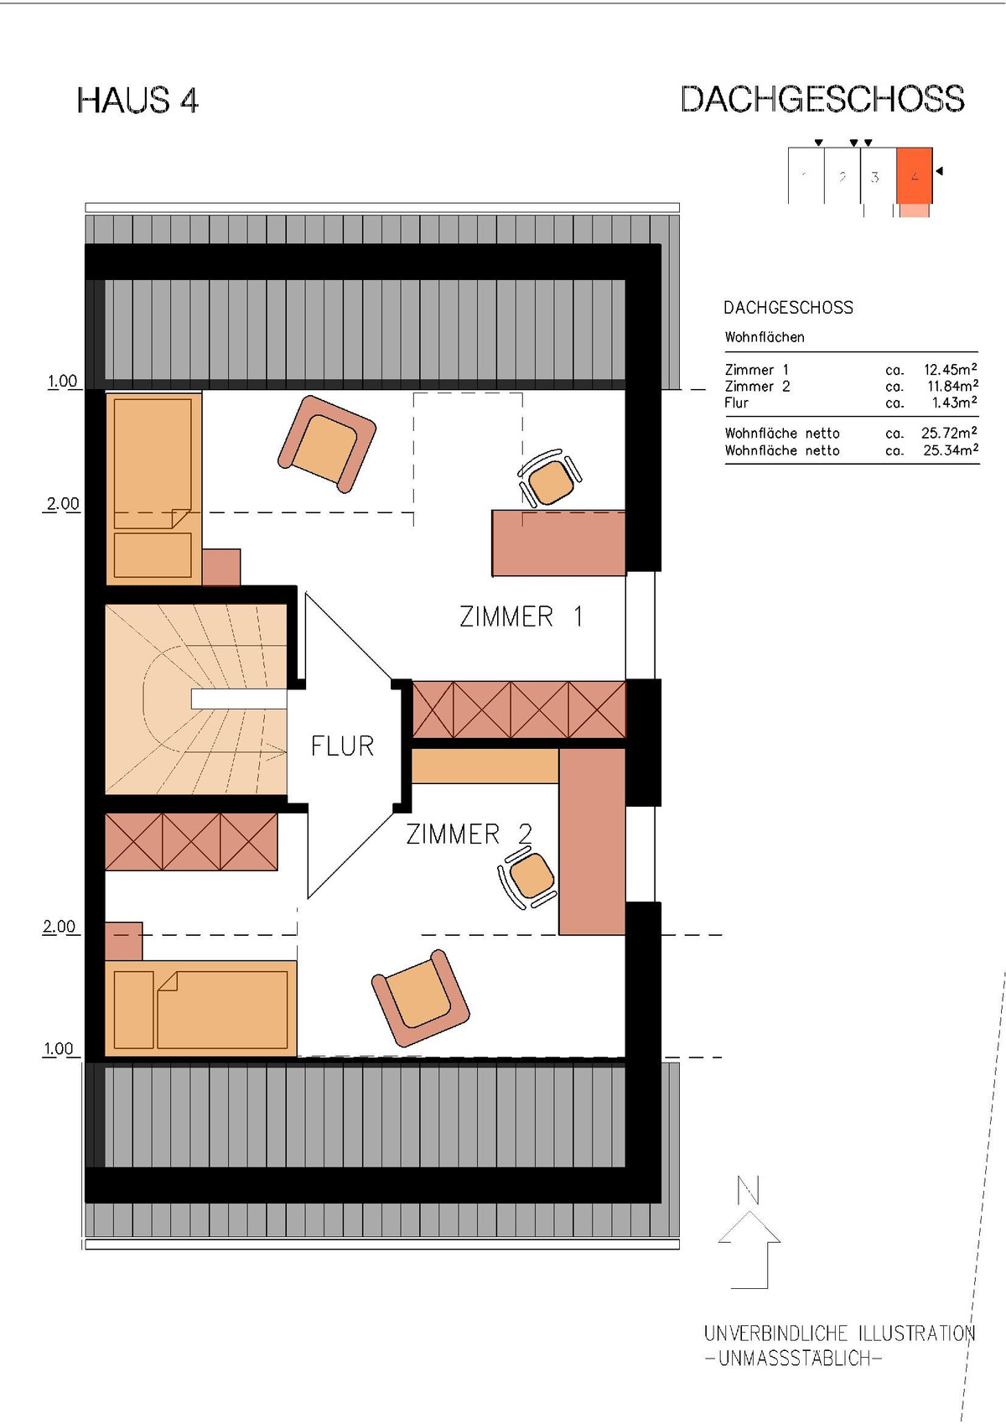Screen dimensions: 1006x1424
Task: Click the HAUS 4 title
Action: [x=137, y=101]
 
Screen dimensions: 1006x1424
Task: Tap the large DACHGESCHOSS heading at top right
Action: [x=823, y=99]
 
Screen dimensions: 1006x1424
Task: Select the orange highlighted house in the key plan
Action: [x=915, y=176]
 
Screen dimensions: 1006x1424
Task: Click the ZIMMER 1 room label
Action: [x=521, y=616]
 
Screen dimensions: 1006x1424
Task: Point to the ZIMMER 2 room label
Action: [x=469, y=834]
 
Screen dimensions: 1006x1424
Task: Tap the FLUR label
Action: [x=342, y=746]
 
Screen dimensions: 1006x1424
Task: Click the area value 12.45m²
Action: [x=950, y=369]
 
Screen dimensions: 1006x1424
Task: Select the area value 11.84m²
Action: [x=952, y=386]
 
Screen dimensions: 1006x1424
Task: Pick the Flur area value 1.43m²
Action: [x=955, y=403]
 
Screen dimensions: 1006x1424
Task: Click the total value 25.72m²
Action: [x=950, y=433]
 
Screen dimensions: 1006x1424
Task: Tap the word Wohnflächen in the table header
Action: [x=765, y=337]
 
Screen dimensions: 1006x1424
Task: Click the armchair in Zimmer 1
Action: [x=327, y=444]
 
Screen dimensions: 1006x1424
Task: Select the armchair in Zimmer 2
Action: [x=420, y=998]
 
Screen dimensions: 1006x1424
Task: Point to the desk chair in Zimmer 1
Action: [x=550, y=479]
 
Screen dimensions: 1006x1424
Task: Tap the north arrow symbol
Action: [x=750, y=1250]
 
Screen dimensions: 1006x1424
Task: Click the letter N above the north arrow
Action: [x=749, y=1191]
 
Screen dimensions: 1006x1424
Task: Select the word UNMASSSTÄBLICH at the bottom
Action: [x=794, y=1359]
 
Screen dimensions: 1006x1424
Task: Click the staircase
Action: [x=195, y=699]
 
